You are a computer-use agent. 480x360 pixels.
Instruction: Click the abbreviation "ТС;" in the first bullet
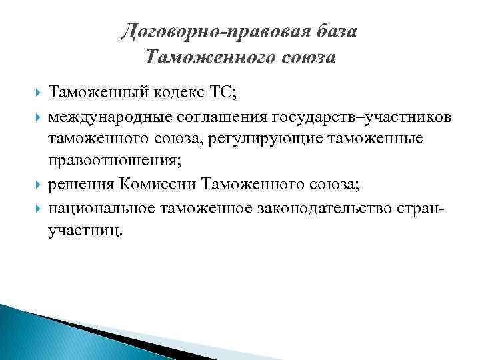click(222, 94)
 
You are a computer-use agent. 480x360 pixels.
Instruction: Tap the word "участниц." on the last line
click(85, 230)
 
